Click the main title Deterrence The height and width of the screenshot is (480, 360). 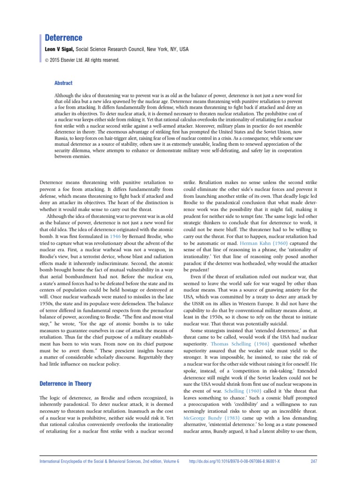(63, 37)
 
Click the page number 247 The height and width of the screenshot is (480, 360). (315, 462)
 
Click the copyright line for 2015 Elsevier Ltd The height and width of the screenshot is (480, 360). (82, 60)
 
